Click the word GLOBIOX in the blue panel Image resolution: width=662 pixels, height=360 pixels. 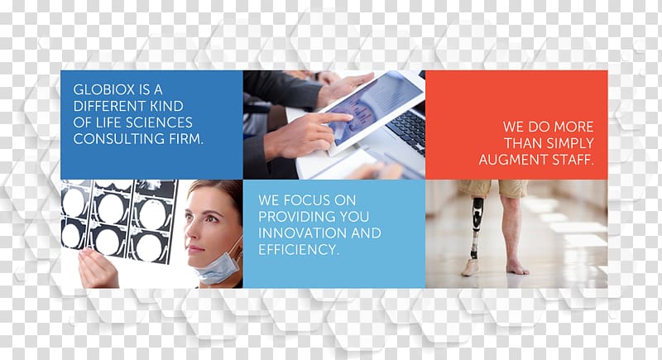(104, 89)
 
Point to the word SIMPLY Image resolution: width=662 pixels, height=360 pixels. (571, 143)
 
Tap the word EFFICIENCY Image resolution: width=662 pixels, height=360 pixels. (299, 249)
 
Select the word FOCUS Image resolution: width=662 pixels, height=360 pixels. (307, 200)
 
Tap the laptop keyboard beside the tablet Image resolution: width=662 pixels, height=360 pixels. (406, 130)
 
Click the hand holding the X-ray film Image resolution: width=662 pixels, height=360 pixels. (98, 268)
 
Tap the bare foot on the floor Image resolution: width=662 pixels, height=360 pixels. (518, 266)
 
